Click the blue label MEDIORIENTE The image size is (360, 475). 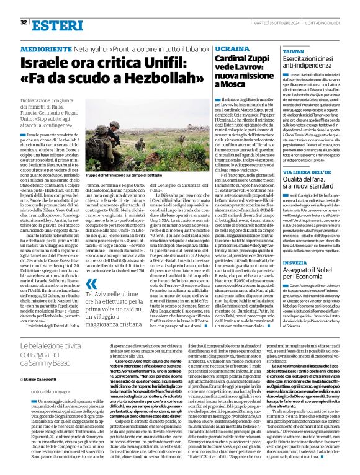click(47, 47)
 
